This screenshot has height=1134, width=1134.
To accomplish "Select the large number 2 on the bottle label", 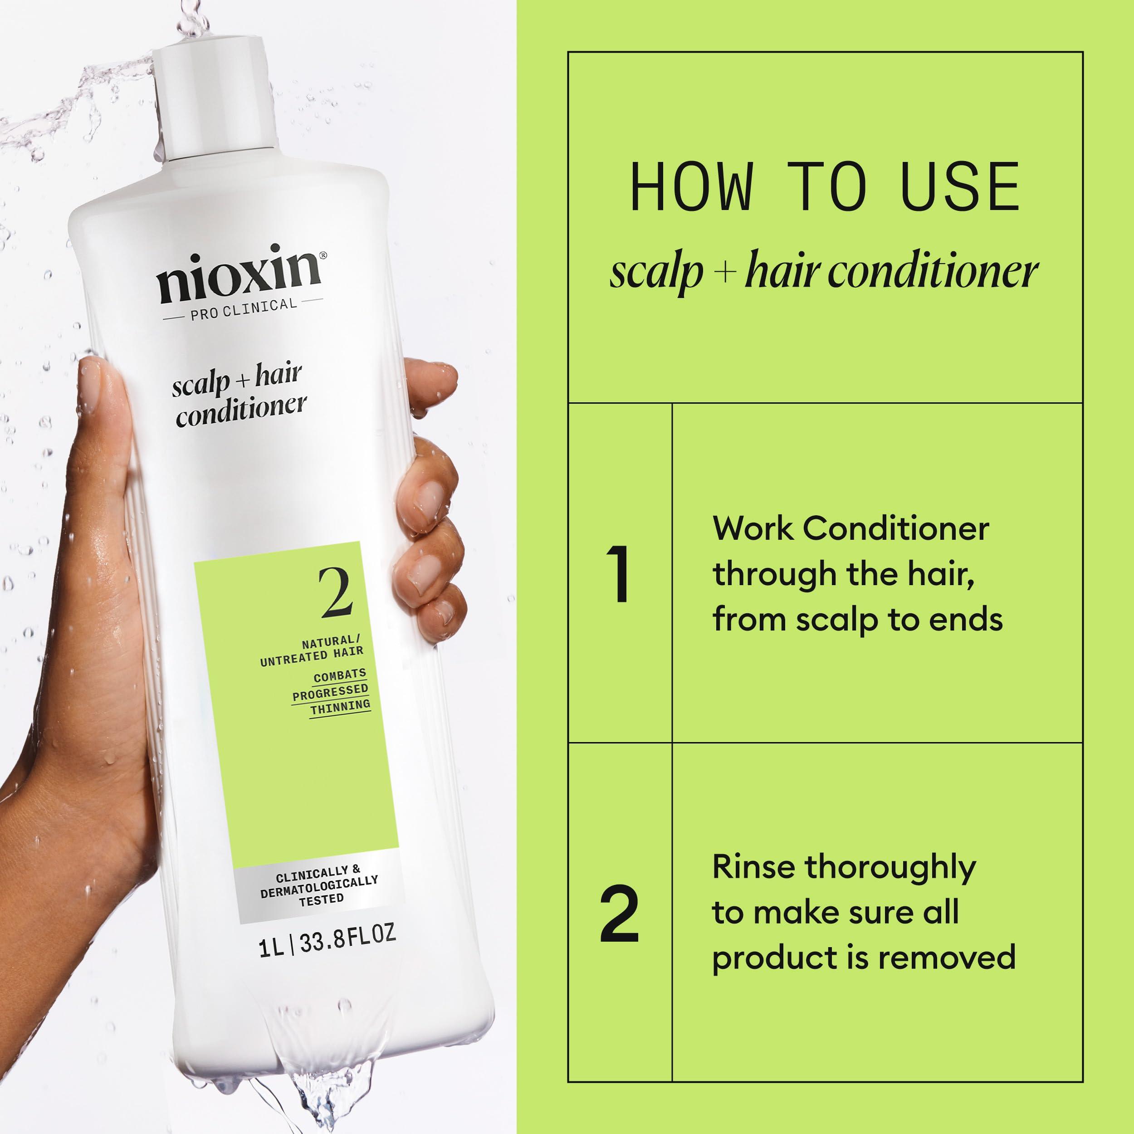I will [335, 593].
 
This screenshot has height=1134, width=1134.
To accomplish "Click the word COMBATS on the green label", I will [339, 675].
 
